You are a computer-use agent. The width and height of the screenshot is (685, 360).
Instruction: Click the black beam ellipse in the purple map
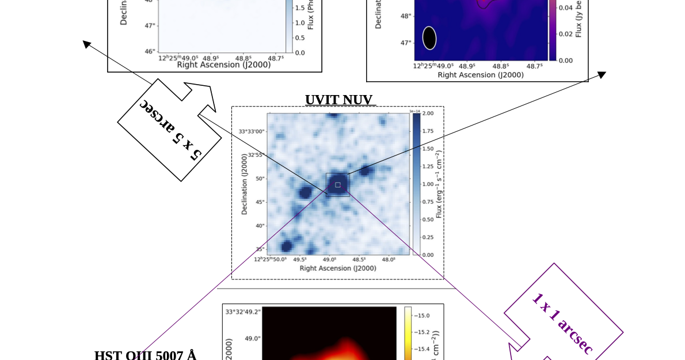point(429,38)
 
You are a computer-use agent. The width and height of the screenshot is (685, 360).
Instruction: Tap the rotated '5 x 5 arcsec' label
point(170,130)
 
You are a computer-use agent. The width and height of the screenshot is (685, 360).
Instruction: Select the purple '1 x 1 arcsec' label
point(561,324)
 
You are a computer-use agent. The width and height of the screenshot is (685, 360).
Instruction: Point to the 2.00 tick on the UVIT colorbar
point(428,113)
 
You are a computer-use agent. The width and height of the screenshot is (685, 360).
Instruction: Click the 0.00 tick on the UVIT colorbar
point(428,255)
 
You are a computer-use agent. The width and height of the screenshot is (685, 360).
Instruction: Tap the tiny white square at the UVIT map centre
point(338,185)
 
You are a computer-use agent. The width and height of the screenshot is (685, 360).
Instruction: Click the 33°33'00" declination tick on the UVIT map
point(252,131)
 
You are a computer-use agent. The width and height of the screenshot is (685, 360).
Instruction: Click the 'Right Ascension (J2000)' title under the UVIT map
point(338,268)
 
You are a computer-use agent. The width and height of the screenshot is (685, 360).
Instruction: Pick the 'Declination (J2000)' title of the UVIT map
point(245,184)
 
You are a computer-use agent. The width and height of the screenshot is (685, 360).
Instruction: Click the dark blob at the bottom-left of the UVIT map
point(286,247)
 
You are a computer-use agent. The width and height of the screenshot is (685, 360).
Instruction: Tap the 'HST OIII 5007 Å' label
point(145,355)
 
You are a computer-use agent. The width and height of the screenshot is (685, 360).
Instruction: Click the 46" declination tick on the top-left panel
point(150,51)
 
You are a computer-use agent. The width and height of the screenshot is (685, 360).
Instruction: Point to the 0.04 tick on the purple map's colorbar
point(565,7)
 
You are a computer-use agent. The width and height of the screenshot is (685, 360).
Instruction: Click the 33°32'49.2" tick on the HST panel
point(243,312)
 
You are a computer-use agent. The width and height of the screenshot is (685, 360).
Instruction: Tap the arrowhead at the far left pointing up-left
point(86,43)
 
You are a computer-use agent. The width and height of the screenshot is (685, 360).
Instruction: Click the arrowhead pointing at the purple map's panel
point(602,74)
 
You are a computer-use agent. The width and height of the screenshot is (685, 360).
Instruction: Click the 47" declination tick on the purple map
point(406,43)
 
